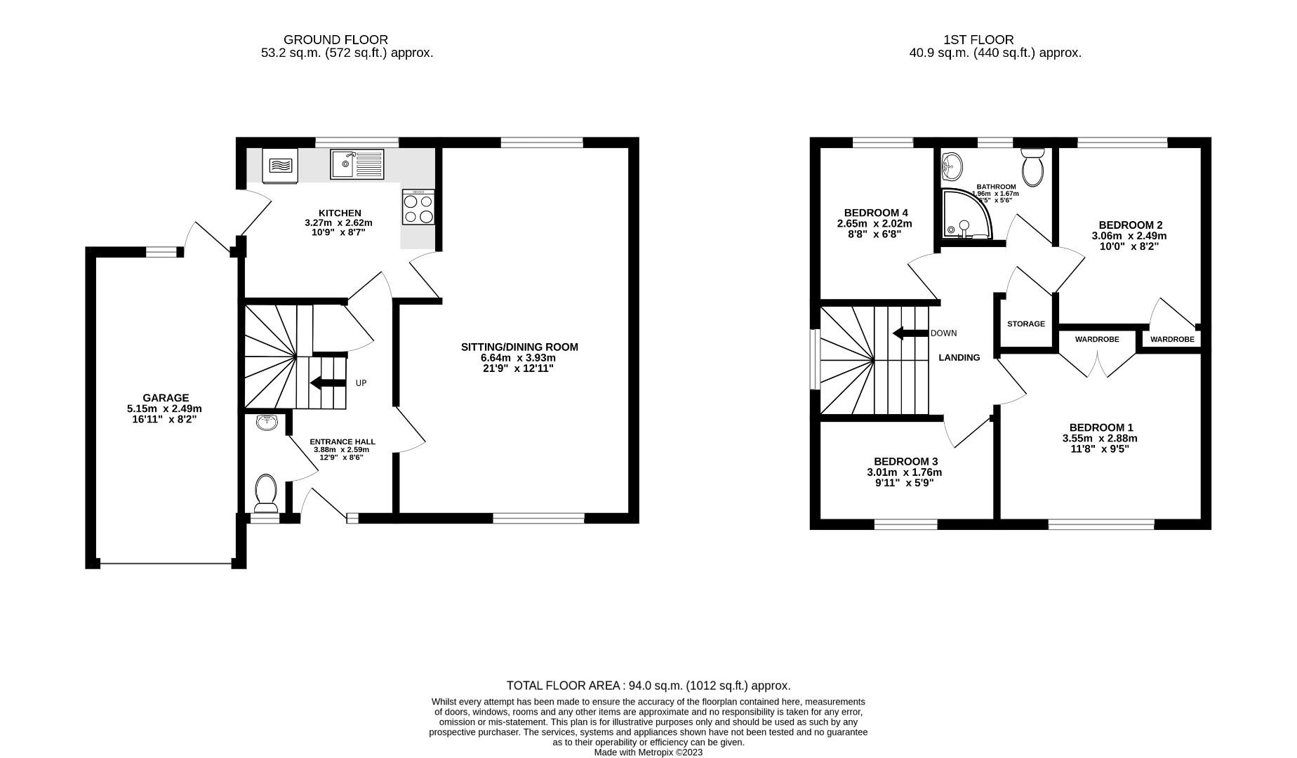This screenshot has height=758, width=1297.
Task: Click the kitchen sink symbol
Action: pyautogui.click(x=357, y=164)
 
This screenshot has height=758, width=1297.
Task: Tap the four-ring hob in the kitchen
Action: pyautogui.click(x=418, y=207)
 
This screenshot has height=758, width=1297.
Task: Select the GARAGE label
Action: pyautogui.click(x=166, y=397)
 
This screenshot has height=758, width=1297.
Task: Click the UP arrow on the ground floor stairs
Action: pyautogui.click(x=327, y=383)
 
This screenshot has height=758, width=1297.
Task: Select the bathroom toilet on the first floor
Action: pyautogui.click(x=1032, y=166)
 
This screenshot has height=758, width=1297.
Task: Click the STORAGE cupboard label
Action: pyautogui.click(x=1025, y=324)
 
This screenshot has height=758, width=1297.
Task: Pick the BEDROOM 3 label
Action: pyautogui.click(x=905, y=461)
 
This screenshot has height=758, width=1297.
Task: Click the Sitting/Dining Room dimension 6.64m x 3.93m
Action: pyautogui.click(x=519, y=357)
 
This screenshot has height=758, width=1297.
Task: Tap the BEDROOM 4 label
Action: pyautogui.click(x=876, y=213)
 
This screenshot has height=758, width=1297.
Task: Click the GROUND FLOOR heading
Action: pyautogui.click(x=335, y=40)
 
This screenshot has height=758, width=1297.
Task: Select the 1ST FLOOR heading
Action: pyautogui.click(x=989, y=40)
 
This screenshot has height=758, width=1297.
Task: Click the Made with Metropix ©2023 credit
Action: pyautogui.click(x=648, y=752)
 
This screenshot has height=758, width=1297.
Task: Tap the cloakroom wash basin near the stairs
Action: pyautogui.click(x=267, y=423)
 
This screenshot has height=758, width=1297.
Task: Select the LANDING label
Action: pyautogui.click(x=959, y=357)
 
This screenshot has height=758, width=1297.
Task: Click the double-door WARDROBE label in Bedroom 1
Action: pyautogui.click(x=1096, y=339)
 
